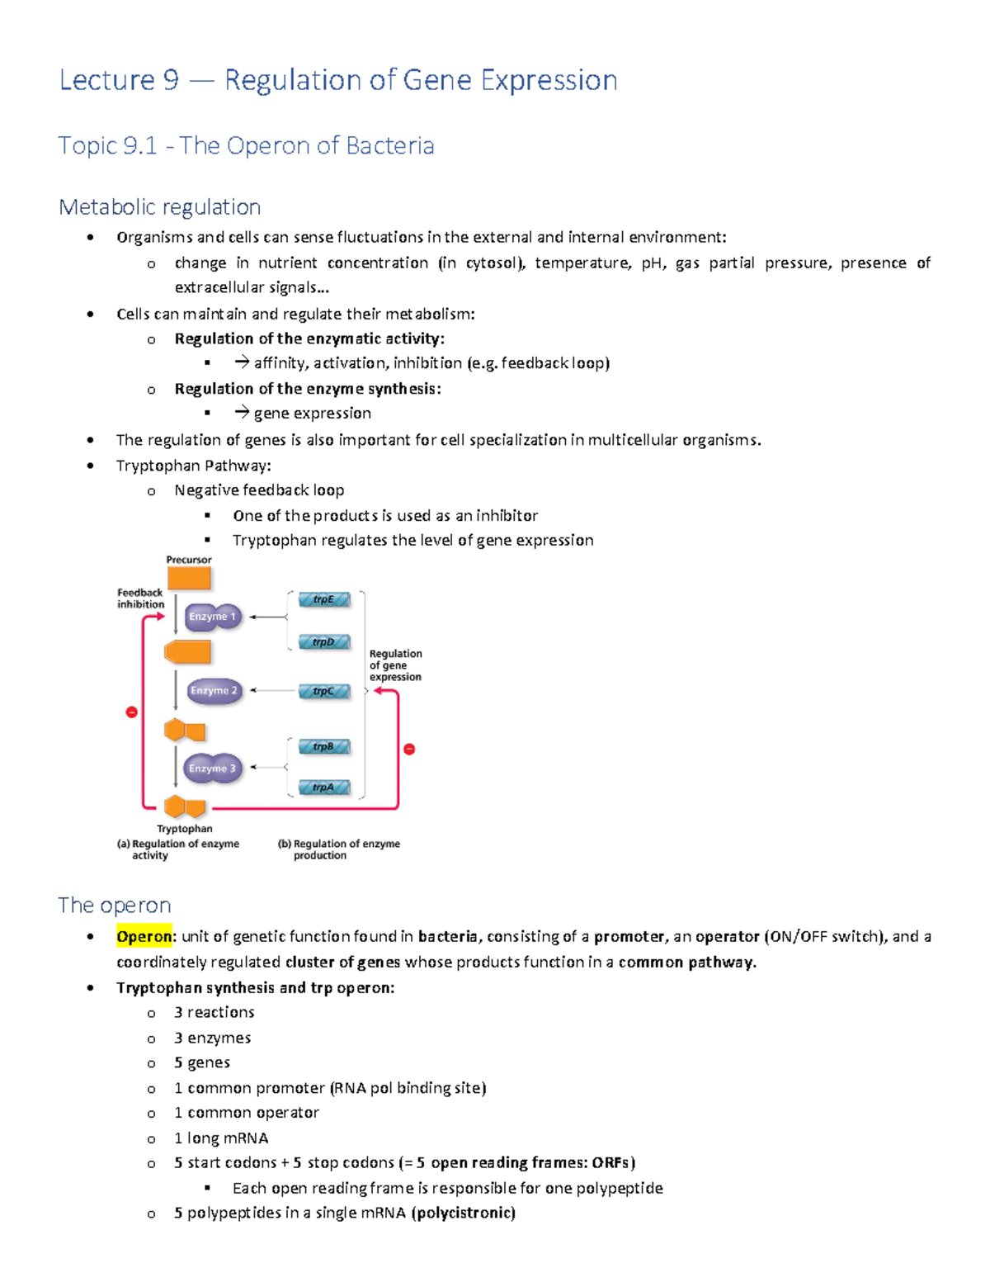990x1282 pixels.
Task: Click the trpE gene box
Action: coord(323,600)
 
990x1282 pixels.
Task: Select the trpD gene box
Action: coord(323,642)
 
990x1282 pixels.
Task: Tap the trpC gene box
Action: coord(323,692)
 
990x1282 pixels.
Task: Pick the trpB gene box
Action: coord(323,747)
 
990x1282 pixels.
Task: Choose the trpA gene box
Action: coord(323,788)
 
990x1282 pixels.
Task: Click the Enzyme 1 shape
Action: coord(213,617)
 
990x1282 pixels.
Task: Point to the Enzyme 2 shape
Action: coord(214,691)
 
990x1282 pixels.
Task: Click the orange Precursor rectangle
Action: coord(189,578)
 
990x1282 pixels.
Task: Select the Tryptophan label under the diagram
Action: coord(185,829)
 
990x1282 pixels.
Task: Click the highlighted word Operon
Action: coord(144,936)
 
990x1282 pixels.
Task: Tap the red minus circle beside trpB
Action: coord(409,750)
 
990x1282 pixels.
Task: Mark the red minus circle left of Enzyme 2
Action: coord(131,712)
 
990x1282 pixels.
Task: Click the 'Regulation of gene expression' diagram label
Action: coord(395,665)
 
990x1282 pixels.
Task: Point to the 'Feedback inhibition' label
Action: coord(140,598)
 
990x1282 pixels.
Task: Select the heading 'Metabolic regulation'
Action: coord(160,207)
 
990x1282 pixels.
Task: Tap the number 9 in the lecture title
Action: coord(171,81)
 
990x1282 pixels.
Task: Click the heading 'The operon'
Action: coord(115,906)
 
